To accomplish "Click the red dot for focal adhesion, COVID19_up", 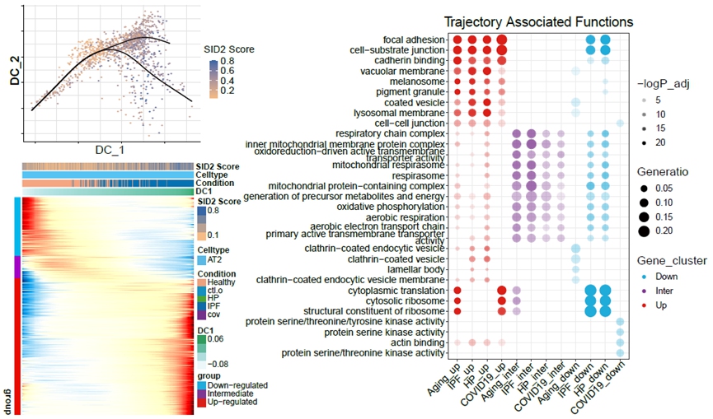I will click(502, 40).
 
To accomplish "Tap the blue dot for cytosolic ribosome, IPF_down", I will click(591, 300).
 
